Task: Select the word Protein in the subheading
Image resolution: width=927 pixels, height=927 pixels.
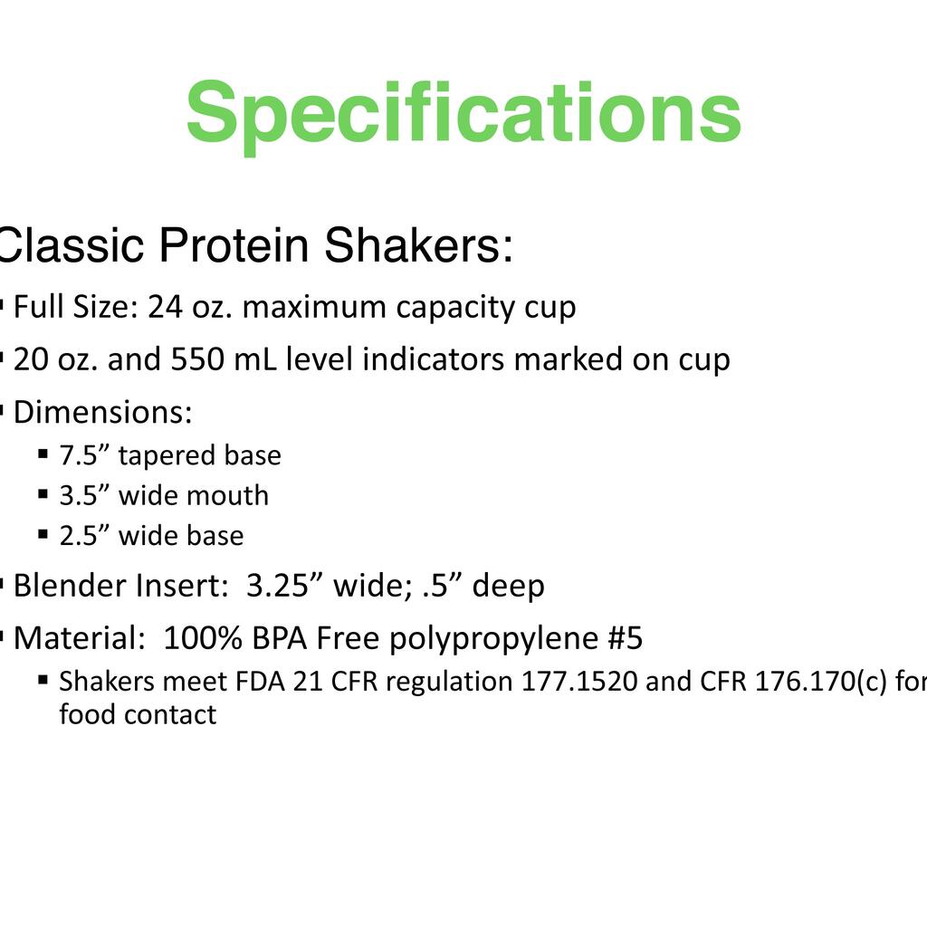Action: pos(234,244)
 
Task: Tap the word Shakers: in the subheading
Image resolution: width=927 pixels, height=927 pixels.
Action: pos(418,244)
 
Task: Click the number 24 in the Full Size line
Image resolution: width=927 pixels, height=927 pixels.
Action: pos(165,308)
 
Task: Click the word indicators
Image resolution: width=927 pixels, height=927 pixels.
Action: pos(434,358)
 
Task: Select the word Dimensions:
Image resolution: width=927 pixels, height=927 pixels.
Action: pos(103,412)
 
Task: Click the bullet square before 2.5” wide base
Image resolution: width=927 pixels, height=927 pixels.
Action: pos(43,534)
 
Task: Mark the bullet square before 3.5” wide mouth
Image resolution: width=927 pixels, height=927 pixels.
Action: pos(43,494)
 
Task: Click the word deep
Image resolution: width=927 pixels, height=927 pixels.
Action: pos(509,587)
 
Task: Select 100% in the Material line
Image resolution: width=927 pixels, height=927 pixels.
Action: pos(203,638)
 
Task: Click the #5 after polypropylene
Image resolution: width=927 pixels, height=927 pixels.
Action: pos(625,638)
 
